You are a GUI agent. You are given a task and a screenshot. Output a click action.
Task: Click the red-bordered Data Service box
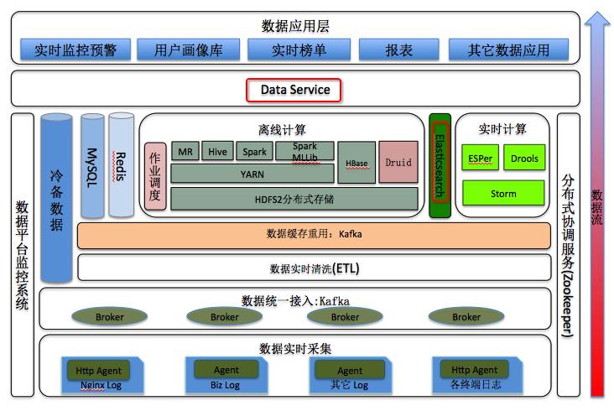click(x=294, y=90)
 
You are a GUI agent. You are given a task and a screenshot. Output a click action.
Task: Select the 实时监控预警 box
click(x=75, y=50)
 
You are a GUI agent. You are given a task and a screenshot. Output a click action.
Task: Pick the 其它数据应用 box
click(x=507, y=50)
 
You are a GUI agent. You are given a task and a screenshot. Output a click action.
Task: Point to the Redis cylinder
click(x=122, y=164)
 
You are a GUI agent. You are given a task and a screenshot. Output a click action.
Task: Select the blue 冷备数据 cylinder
click(x=56, y=201)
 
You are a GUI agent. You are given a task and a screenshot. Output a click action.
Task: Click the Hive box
click(x=218, y=152)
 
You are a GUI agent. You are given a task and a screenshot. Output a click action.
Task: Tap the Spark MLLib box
click(x=304, y=152)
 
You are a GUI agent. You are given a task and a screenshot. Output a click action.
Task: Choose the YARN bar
click(x=252, y=174)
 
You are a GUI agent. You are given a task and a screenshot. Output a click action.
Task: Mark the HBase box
click(x=356, y=163)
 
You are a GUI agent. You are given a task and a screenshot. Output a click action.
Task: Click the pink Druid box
click(x=398, y=162)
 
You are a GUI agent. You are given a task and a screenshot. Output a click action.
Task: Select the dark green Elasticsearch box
click(x=440, y=165)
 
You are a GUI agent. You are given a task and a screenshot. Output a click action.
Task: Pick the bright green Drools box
click(x=524, y=158)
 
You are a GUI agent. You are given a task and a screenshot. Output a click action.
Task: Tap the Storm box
click(x=503, y=194)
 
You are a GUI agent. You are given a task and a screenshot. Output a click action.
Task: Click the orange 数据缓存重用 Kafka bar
click(x=314, y=235)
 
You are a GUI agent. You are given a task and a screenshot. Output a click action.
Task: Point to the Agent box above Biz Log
click(x=226, y=370)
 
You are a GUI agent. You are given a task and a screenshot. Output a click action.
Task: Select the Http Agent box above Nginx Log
click(x=98, y=370)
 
